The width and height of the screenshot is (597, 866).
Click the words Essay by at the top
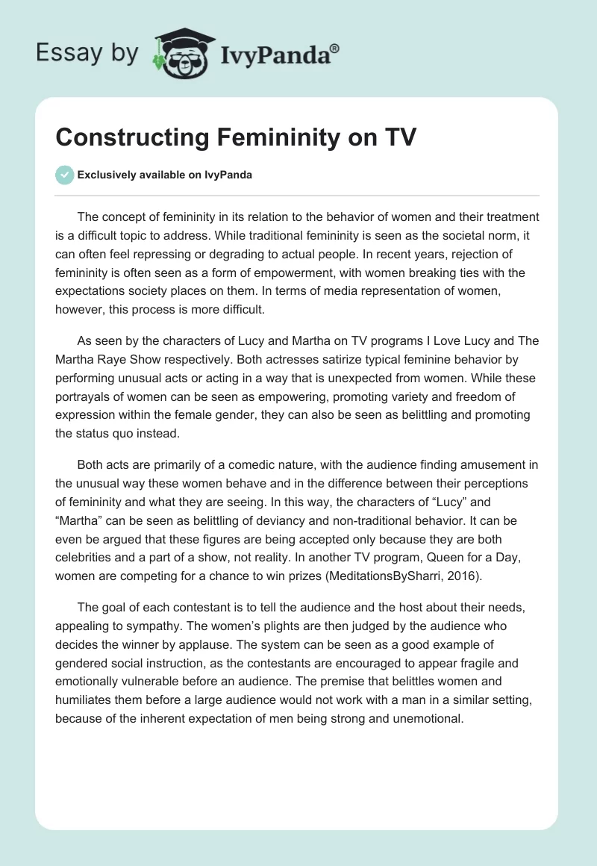coord(87,53)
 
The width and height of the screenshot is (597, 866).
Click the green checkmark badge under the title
coord(65,175)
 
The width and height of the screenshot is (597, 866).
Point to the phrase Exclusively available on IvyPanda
coord(165,175)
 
